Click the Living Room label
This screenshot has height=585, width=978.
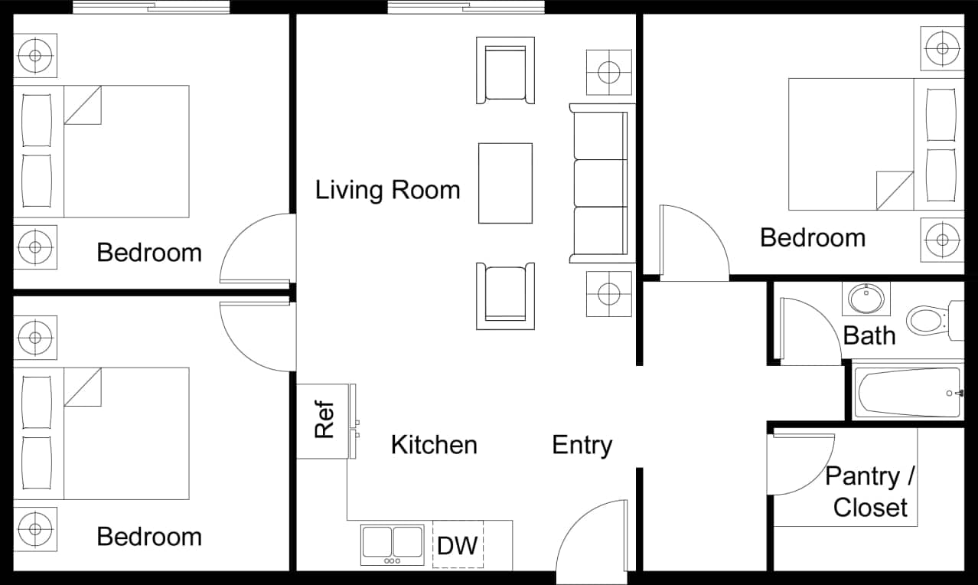pyautogui.click(x=388, y=190)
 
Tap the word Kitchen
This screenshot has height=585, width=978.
pyautogui.click(x=434, y=445)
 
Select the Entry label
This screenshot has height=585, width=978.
pyautogui.click(x=582, y=445)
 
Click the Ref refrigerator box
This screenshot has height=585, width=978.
pyautogui.click(x=324, y=420)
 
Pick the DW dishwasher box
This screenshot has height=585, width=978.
pyautogui.click(x=458, y=545)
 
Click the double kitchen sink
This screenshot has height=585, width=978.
pyautogui.click(x=393, y=544)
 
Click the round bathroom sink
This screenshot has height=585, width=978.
pyautogui.click(x=866, y=299)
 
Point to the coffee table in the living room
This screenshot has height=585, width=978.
pyautogui.click(x=505, y=183)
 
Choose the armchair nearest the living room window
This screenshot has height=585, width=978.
pyautogui.click(x=505, y=70)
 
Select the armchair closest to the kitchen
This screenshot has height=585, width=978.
pyautogui.click(x=505, y=296)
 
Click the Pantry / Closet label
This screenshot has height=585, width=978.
pyautogui.click(x=870, y=492)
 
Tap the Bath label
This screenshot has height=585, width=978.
pyautogui.click(x=869, y=335)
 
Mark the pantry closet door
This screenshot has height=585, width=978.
pyautogui.click(x=800, y=463)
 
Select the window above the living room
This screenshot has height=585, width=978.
pyautogui.click(x=466, y=8)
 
